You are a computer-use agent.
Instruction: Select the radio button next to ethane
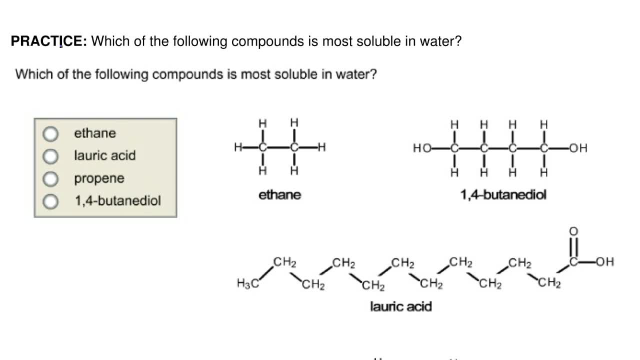pyautogui.click(x=50, y=134)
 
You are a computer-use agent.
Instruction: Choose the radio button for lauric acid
pyautogui.click(x=50, y=156)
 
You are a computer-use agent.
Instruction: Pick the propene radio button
pyautogui.click(x=50, y=179)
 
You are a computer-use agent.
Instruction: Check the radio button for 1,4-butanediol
pyautogui.click(x=50, y=201)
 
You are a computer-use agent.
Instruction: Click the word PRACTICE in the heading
pyautogui.click(x=48, y=41)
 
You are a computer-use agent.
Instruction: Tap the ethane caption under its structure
pyautogui.click(x=279, y=195)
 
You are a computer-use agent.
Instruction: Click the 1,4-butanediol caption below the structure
pyautogui.click(x=503, y=195)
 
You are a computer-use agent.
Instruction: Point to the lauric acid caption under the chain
pyautogui.click(x=400, y=306)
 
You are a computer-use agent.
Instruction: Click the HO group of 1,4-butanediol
pyautogui.click(x=421, y=148)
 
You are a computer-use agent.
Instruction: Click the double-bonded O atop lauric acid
pyautogui.click(x=573, y=231)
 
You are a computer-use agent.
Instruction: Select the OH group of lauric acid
pyautogui.click(x=604, y=262)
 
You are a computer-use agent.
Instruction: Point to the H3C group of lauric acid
pyautogui.click(x=247, y=283)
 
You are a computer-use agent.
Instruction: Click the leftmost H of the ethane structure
pyautogui.click(x=238, y=147)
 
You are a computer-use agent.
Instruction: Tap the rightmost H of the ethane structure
pyautogui.click(x=322, y=147)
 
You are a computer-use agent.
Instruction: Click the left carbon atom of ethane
pyautogui.click(x=262, y=147)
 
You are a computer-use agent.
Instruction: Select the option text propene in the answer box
pyautogui.click(x=99, y=178)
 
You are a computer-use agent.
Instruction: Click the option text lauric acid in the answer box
pyautogui.click(x=104, y=155)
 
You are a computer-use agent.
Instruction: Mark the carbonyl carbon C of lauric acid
pyautogui.click(x=574, y=262)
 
